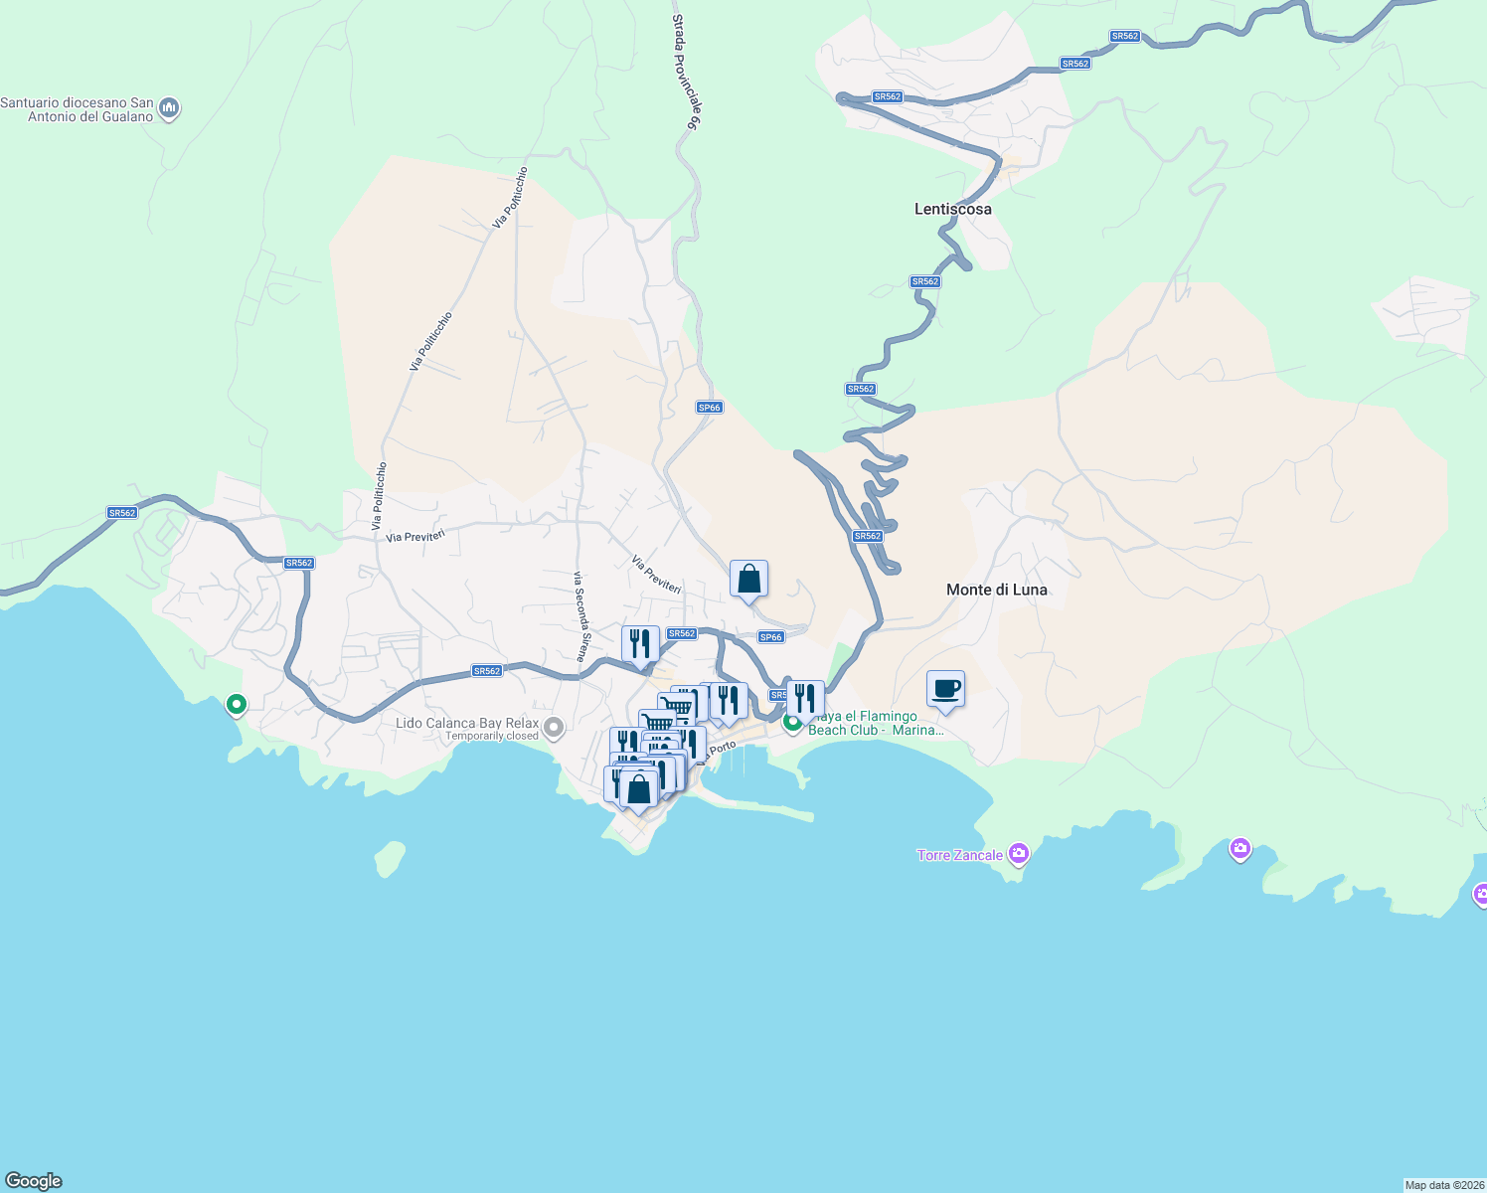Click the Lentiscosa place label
[952, 209]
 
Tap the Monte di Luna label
[996, 590]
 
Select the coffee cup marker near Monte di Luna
[945, 689]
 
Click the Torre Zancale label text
[959, 855]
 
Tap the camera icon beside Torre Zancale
[1018, 853]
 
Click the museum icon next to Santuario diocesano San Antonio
[169, 106]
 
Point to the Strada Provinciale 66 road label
[687, 73]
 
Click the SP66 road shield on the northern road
[709, 408]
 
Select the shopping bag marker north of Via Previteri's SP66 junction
[748, 580]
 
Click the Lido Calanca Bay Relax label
[467, 723]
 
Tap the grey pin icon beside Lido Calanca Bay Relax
[554, 728]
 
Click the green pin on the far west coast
[237, 705]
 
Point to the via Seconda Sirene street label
[581, 616]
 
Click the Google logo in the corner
[34, 1181]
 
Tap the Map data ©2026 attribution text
[1444, 1185]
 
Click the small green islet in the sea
[390, 858]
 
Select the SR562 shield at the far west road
[122, 513]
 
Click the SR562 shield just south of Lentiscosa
[924, 281]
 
